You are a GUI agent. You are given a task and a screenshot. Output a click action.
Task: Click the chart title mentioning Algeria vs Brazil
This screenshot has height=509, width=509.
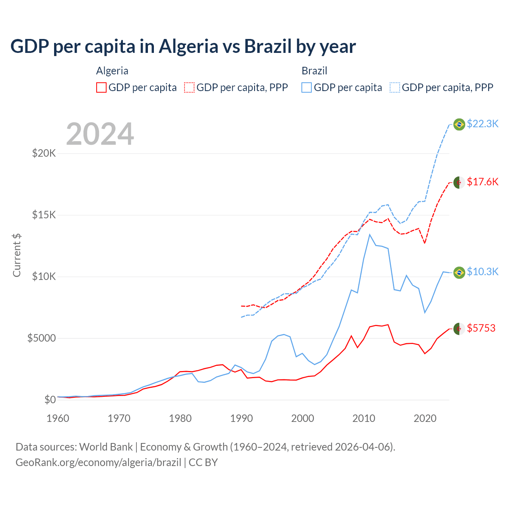coord(183,47)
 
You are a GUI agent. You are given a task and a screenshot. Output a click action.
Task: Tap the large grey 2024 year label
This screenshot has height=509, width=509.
coord(100,134)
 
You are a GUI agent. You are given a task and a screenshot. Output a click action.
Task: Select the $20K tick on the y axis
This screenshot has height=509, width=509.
coord(44,153)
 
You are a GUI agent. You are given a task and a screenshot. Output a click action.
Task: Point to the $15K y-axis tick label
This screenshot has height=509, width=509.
coord(44,215)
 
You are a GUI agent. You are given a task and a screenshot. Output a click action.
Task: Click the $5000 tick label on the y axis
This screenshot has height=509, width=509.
coord(41,338)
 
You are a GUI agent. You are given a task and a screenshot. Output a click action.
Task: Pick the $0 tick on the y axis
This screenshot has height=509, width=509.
coord(50,400)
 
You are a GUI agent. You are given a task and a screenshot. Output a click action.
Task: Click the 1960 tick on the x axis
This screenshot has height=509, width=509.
coord(58,418)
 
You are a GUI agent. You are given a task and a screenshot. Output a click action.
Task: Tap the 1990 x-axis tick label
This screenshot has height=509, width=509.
coord(241,418)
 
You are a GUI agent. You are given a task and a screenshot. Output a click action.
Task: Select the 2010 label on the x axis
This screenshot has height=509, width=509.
coord(364,418)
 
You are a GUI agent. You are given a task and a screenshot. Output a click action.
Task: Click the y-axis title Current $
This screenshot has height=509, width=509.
coord(17,255)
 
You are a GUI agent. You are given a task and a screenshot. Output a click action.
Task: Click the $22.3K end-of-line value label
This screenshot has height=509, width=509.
coord(482,124)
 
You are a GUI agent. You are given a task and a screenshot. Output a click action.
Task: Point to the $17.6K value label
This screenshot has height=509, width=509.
coord(482,182)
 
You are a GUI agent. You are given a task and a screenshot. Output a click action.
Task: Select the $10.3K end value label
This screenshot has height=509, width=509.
coord(482,272)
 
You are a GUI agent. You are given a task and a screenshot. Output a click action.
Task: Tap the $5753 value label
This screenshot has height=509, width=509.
coord(481,328)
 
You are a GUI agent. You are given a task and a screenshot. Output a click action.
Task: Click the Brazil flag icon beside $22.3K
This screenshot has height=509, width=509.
coord(459,124)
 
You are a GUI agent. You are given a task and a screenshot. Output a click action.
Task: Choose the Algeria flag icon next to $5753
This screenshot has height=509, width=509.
coord(459,329)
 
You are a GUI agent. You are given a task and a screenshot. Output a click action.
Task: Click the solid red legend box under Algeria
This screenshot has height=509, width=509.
coord(101,87)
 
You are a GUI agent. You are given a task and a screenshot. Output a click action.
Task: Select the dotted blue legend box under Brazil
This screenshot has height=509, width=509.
coord(395,87)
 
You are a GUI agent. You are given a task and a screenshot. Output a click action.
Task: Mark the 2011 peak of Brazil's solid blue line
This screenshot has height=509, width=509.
coord(370,235)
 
